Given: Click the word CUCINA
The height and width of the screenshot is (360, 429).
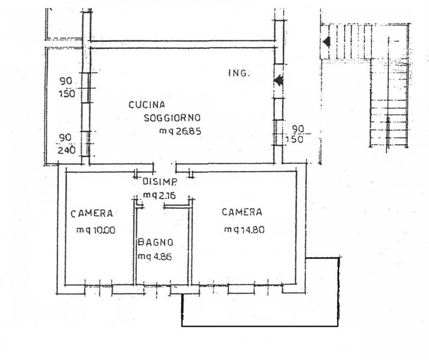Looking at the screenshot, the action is [146, 105].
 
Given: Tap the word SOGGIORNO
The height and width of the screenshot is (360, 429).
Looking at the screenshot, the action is [172, 118].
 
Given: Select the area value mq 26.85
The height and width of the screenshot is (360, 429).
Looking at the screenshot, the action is [180, 131].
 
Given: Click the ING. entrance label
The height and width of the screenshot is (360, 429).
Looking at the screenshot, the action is [239, 73].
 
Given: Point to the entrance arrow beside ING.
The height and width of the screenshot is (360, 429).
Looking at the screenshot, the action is [278, 80].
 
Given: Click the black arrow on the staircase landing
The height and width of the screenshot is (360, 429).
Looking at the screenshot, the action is [327, 42].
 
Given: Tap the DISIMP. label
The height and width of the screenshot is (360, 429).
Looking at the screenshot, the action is [160, 181].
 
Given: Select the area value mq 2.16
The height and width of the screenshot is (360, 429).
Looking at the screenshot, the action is [159, 195].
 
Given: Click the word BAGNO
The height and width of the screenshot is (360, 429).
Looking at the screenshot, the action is [156, 243].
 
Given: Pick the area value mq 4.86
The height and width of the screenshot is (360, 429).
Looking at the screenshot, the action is [154, 257].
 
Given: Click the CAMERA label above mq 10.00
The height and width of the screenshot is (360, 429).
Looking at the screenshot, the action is [92, 214].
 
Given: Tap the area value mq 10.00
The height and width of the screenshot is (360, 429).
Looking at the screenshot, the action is [96, 230].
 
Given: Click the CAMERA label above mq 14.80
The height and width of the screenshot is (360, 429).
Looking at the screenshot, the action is [242, 212].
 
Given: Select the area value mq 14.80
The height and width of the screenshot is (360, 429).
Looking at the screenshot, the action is [245, 230].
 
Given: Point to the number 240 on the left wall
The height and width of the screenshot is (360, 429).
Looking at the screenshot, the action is [66, 150].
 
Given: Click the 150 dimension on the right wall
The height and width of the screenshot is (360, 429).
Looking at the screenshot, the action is [294, 139].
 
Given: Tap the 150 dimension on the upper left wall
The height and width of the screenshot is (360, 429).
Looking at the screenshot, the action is [66, 94].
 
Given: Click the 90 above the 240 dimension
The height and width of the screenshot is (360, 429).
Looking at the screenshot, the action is [65, 138].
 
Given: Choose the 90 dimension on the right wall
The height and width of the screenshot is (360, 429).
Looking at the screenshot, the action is [298, 128].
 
